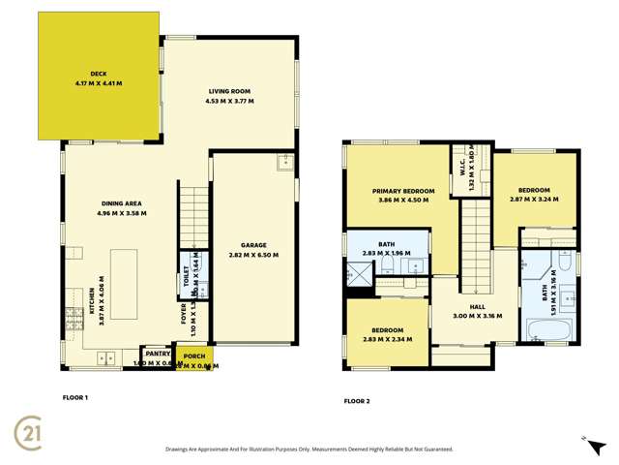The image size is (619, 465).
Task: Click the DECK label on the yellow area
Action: [x=98, y=74]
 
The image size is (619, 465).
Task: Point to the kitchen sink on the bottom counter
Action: [x=103, y=359]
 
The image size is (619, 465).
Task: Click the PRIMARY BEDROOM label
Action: [x=403, y=192]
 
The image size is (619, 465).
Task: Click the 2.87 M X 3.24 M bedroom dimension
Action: [x=534, y=200]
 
